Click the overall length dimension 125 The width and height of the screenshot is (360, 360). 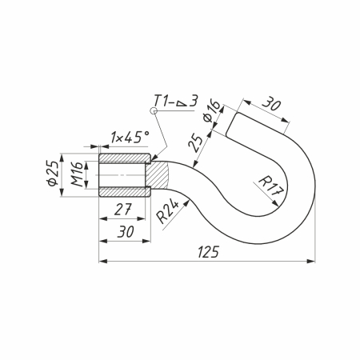[208, 252]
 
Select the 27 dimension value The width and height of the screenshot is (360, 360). [123, 210]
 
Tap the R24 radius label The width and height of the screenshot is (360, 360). [167, 212]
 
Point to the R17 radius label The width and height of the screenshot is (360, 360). [270, 186]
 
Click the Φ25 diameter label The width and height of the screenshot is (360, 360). [52, 174]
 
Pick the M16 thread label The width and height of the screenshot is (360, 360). [77, 174]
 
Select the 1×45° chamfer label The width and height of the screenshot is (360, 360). [130, 138]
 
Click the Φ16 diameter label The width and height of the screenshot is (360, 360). [212, 111]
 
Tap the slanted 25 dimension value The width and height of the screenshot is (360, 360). [195, 143]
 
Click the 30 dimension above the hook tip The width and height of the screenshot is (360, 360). [271, 103]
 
